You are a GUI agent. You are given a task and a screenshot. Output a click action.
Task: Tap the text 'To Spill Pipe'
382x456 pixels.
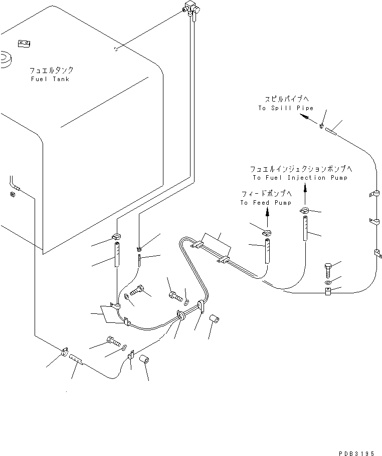(286, 108)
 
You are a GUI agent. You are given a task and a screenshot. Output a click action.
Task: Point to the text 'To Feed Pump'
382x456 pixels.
(265, 203)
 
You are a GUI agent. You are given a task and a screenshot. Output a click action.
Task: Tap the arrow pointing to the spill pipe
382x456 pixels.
(303, 117)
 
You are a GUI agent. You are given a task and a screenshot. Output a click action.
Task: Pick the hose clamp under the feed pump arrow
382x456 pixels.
(267, 232)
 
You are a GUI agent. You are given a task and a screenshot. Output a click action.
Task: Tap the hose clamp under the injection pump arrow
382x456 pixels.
(304, 211)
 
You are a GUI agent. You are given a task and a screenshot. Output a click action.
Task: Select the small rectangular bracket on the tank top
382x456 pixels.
(23, 44)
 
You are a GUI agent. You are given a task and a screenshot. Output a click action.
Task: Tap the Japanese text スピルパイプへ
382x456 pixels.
(286, 100)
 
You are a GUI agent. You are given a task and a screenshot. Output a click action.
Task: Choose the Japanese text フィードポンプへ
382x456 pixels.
(266, 194)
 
